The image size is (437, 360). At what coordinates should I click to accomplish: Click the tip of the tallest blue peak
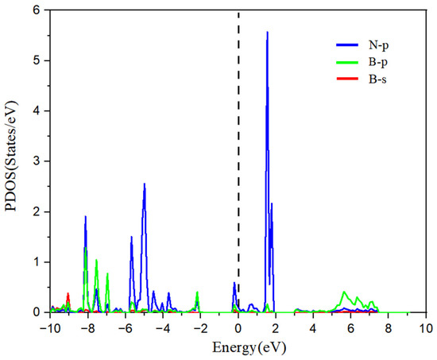[x=267, y=33]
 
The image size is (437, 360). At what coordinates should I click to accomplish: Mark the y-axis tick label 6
[x=36, y=10]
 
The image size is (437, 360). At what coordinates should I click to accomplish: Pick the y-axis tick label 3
[x=36, y=161]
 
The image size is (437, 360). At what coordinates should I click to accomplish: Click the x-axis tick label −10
[x=49, y=327]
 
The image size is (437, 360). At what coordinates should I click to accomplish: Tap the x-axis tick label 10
[x=426, y=327]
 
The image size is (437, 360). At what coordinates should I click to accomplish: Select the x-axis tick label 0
[x=238, y=327]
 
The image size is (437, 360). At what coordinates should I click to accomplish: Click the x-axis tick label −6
[x=124, y=327]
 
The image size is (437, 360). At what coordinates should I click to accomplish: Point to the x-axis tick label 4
[x=313, y=327]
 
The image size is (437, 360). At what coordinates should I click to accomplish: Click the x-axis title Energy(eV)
[x=238, y=347]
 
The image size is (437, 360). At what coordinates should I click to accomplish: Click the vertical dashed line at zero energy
[x=238, y=159]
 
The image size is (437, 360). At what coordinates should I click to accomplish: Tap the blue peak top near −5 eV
[x=145, y=184]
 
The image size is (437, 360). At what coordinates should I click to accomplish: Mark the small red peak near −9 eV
[x=68, y=294]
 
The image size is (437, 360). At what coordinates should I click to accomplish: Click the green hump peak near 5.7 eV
[x=344, y=292]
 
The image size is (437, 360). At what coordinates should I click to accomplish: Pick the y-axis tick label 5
[x=36, y=60]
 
